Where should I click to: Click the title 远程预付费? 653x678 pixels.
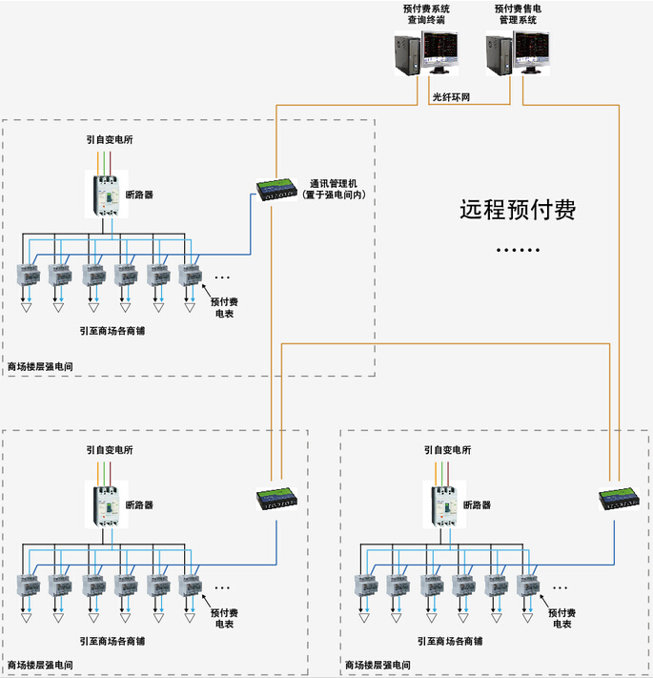518,210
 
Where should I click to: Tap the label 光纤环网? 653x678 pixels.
451,97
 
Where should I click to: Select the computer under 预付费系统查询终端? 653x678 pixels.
426,53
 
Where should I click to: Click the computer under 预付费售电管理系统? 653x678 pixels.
518,53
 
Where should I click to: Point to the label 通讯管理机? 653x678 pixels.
334,183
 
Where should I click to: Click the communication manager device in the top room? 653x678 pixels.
276,190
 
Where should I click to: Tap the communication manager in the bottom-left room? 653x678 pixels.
276,499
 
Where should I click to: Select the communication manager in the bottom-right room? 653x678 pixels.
619,499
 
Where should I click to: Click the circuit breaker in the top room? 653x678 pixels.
107,195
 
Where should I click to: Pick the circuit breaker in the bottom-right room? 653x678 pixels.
444,504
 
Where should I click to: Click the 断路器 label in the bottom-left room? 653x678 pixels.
139,504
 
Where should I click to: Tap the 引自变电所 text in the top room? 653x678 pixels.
110,139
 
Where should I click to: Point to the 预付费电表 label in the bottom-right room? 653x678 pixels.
561,618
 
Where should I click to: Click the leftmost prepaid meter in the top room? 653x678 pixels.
29,275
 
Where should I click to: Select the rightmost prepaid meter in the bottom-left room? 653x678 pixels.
190,586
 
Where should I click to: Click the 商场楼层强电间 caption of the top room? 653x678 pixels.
40,367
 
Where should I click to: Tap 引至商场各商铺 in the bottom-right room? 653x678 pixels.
449,641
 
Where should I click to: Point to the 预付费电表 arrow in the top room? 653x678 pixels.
207,291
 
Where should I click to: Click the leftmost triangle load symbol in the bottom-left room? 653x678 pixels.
27,618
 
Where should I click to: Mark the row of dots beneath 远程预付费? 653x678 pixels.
518,250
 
